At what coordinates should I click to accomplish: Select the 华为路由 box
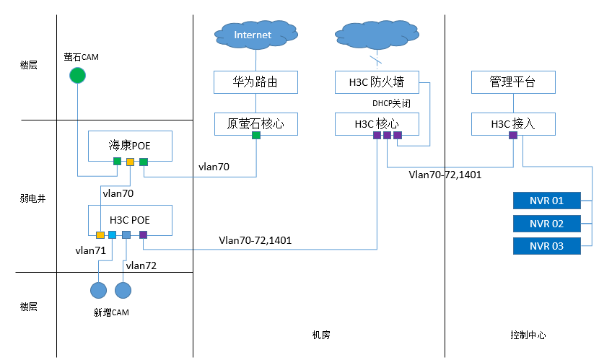coord(255,82)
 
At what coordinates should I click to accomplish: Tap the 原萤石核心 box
coord(255,124)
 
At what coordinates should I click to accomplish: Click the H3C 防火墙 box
coord(377,82)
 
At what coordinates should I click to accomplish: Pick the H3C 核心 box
coord(377,124)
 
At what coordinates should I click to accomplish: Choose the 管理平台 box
coord(513,82)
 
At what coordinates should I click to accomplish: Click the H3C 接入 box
coord(513,124)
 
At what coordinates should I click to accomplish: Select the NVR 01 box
coord(546,201)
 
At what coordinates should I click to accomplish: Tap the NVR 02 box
coord(546,224)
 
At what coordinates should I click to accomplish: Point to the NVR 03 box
coord(546,246)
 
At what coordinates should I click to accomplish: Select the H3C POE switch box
coord(130,219)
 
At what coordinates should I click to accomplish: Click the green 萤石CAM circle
coord(77,75)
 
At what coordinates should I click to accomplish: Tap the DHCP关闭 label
coord(391,103)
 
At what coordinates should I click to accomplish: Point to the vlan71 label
coord(90,250)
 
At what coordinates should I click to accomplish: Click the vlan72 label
coord(141,265)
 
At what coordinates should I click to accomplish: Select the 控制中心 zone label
coord(528,335)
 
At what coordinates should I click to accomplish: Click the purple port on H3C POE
coord(143,234)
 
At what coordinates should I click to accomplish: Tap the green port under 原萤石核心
coord(255,135)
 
